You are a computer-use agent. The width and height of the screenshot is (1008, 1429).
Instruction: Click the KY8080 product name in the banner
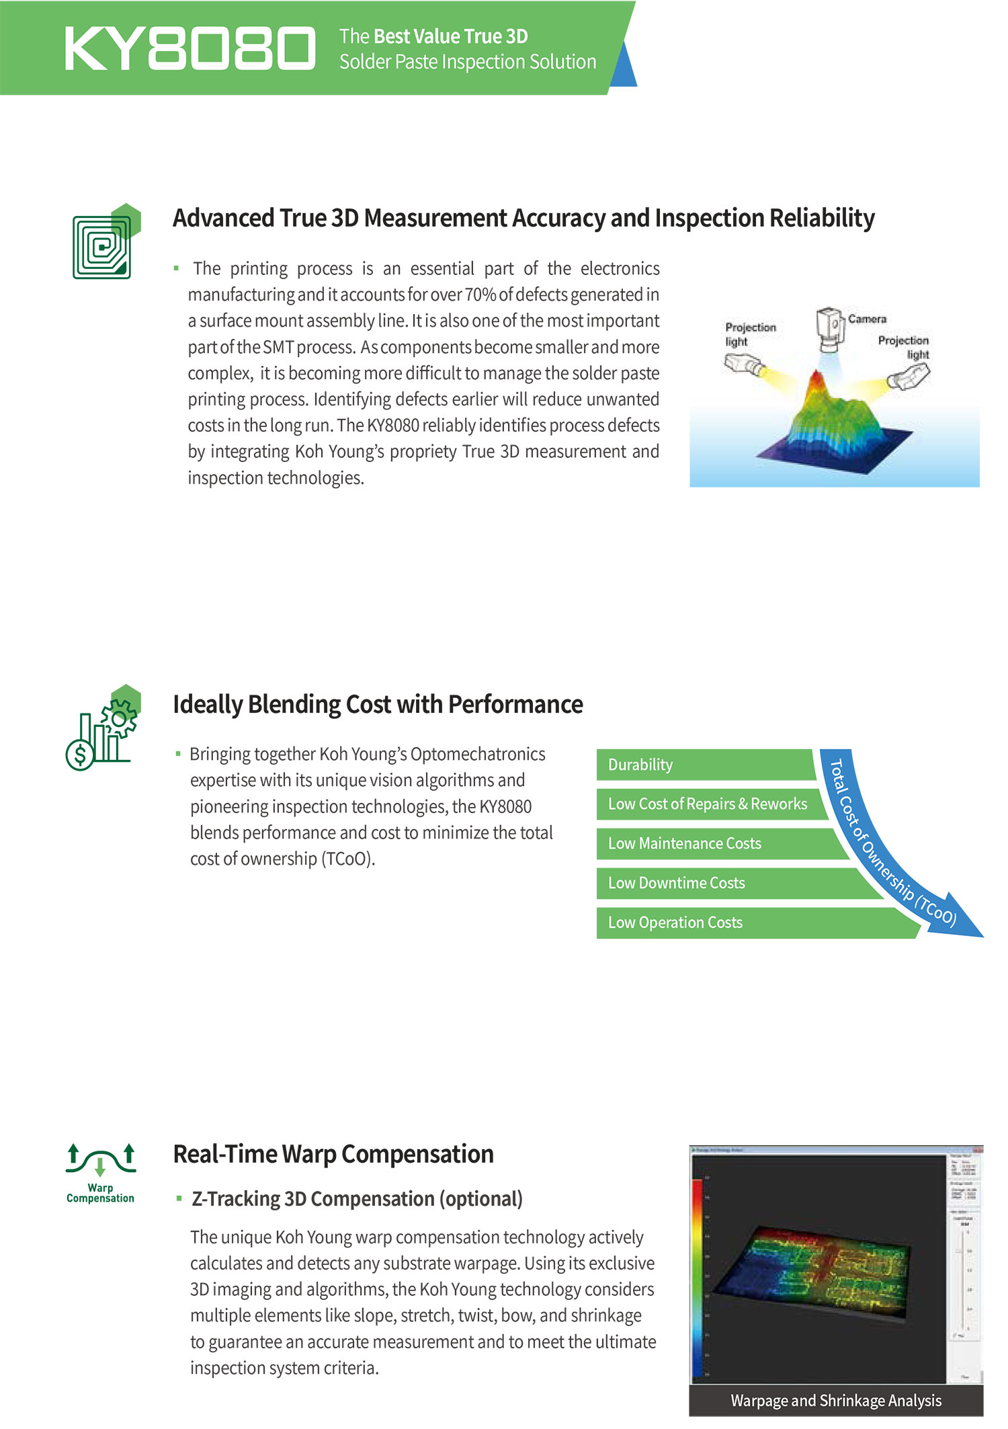190,48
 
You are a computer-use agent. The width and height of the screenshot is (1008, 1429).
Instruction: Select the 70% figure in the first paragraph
480,295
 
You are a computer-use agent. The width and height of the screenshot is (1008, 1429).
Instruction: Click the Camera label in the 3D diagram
867,319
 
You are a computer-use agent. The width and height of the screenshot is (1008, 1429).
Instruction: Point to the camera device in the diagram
830,327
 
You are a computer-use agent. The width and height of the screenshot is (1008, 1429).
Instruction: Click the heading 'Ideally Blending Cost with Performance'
378,704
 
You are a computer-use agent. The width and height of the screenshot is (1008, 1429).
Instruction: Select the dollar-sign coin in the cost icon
80,756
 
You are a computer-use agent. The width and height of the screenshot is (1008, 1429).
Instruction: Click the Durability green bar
704,765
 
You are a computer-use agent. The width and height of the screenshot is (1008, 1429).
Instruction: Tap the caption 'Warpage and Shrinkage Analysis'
836,1400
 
